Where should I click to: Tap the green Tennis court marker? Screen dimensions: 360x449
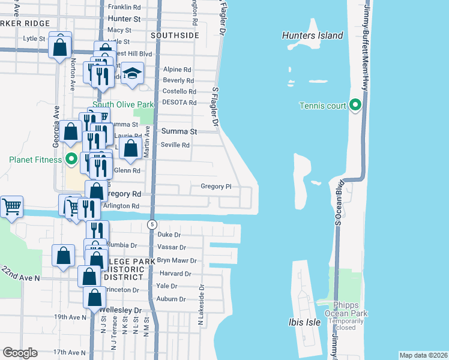[x=355, y=106]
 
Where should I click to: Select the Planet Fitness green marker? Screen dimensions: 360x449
[x=71, y=160]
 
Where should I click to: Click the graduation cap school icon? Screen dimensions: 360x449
[x=132, y=74]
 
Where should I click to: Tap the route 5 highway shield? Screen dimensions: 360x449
[x=152, y=224]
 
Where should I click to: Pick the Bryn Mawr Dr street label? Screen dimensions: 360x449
[x=176, y=261]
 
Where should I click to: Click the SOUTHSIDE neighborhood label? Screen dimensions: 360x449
[x=175, y=35]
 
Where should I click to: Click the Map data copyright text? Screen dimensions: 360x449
[x=423, y=355]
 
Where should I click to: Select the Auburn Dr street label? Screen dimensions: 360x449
[x=170, y=299]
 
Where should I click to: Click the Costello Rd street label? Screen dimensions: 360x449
[x=179, y=91]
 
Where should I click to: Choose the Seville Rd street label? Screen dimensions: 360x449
[x=175, y=145]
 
